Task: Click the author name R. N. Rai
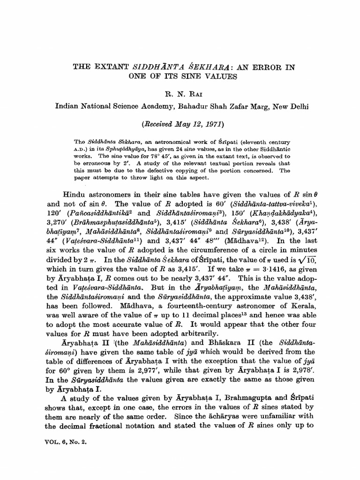(x=180, y=93)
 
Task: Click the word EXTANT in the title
(x=108, y=67)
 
